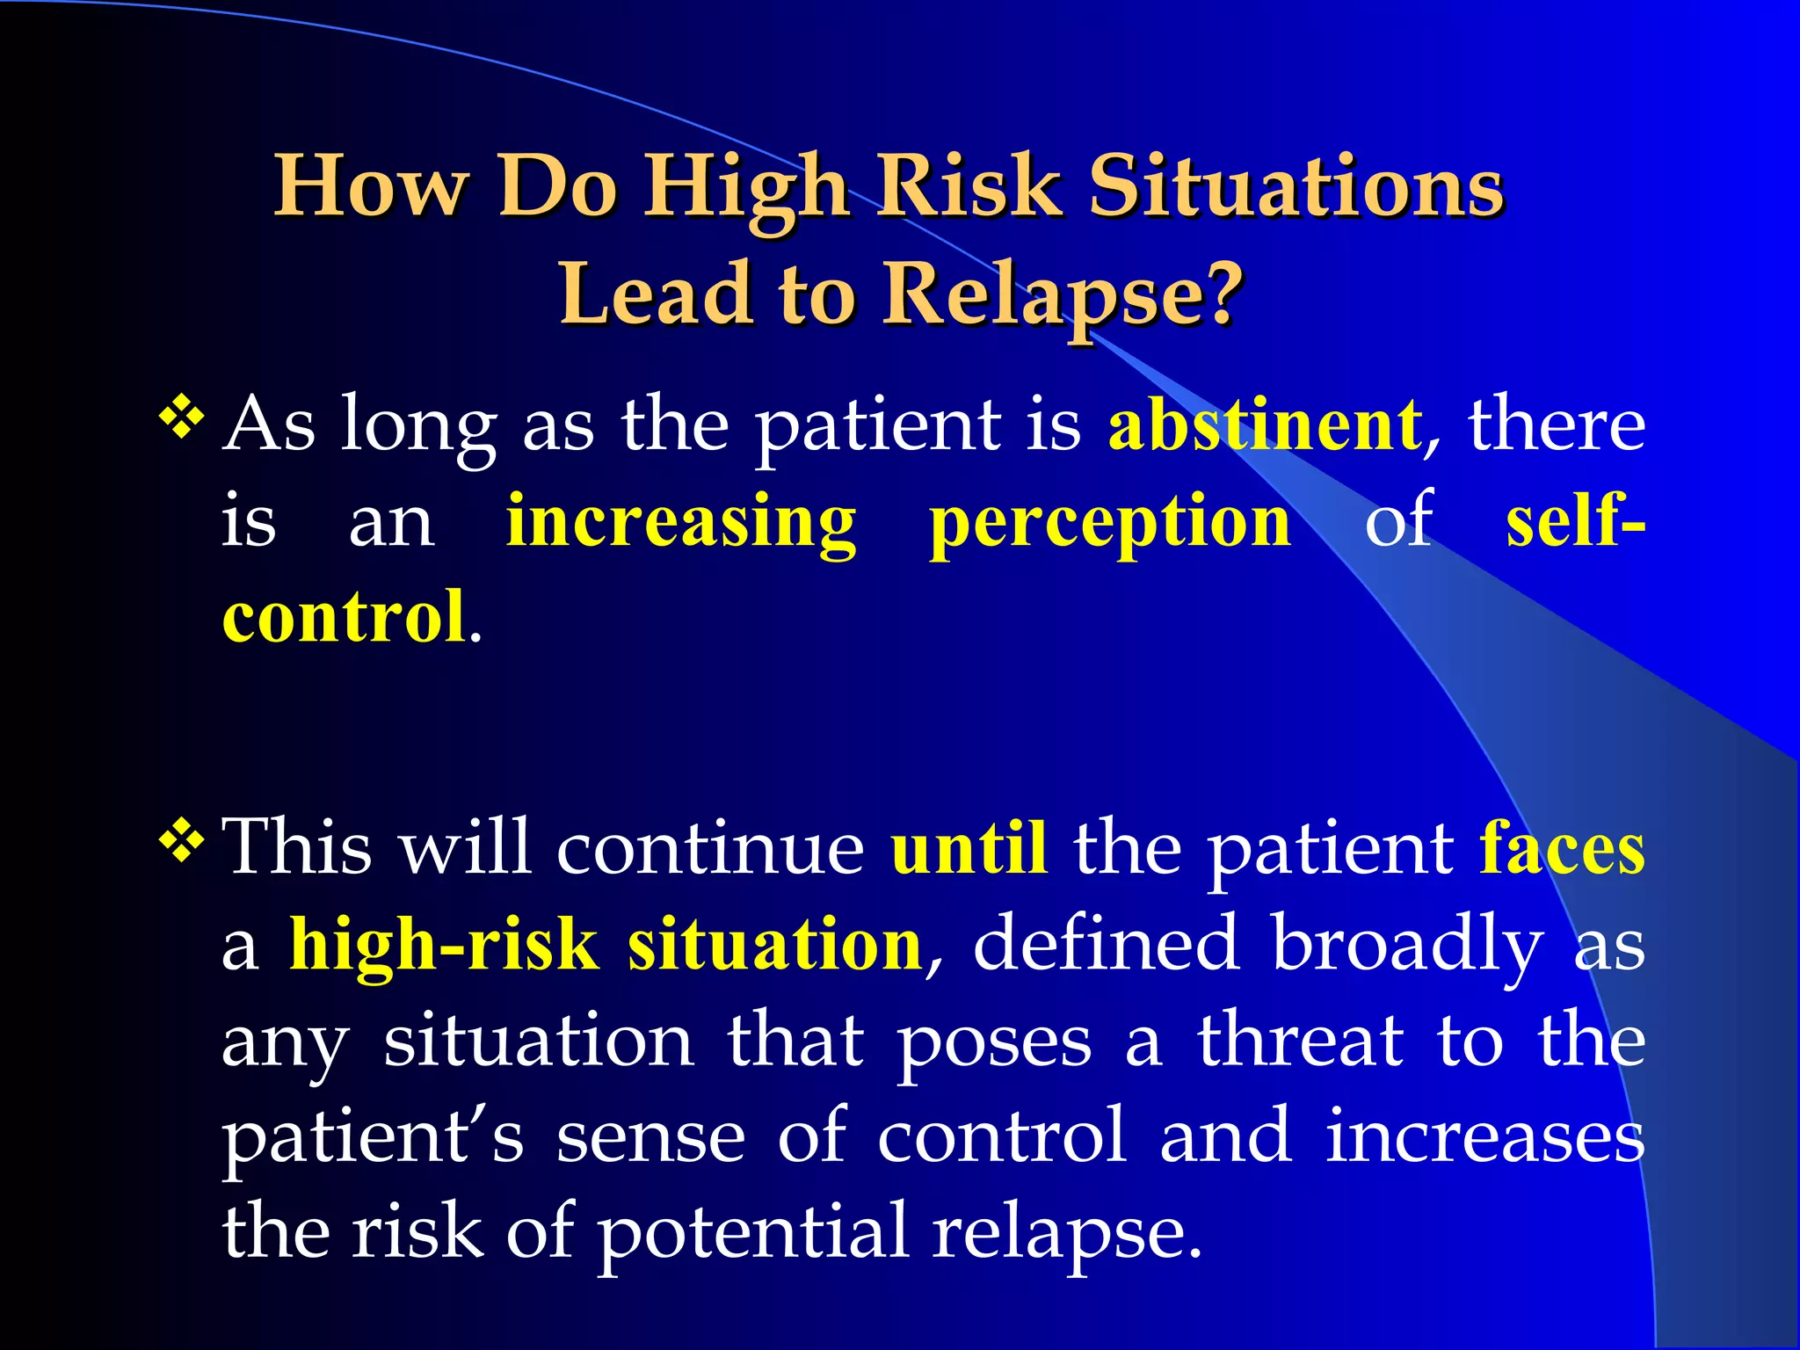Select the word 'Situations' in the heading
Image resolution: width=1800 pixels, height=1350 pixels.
pos(1296,186)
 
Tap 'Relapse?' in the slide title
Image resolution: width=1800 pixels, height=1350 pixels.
pos(1063,294)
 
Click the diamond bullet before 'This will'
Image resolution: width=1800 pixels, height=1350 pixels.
pos(181,842)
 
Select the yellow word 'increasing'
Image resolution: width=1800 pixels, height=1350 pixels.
pos(681,522)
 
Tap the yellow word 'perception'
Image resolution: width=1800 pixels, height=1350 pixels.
pos(1110,522)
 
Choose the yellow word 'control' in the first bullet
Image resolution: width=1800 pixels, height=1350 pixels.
pos(344,617)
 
